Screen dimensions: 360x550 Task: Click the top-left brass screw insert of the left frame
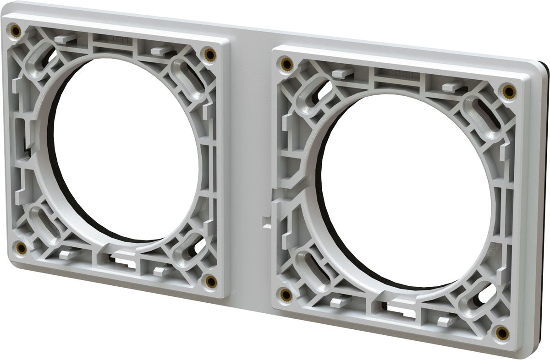(16, 31)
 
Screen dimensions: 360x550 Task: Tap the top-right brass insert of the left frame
(210, 55)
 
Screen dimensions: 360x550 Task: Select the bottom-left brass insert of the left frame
(21, 248)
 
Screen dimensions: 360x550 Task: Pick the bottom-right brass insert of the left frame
(211, 281)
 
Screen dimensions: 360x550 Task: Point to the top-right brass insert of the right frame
(508, 92)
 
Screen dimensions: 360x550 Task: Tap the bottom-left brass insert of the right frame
(286, 295)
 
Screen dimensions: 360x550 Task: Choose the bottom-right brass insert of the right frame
(502, 333)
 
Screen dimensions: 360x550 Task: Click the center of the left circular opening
(126, 149)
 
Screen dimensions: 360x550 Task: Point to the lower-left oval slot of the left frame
(44, 222)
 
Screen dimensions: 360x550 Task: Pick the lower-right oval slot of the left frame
(190, 250)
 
